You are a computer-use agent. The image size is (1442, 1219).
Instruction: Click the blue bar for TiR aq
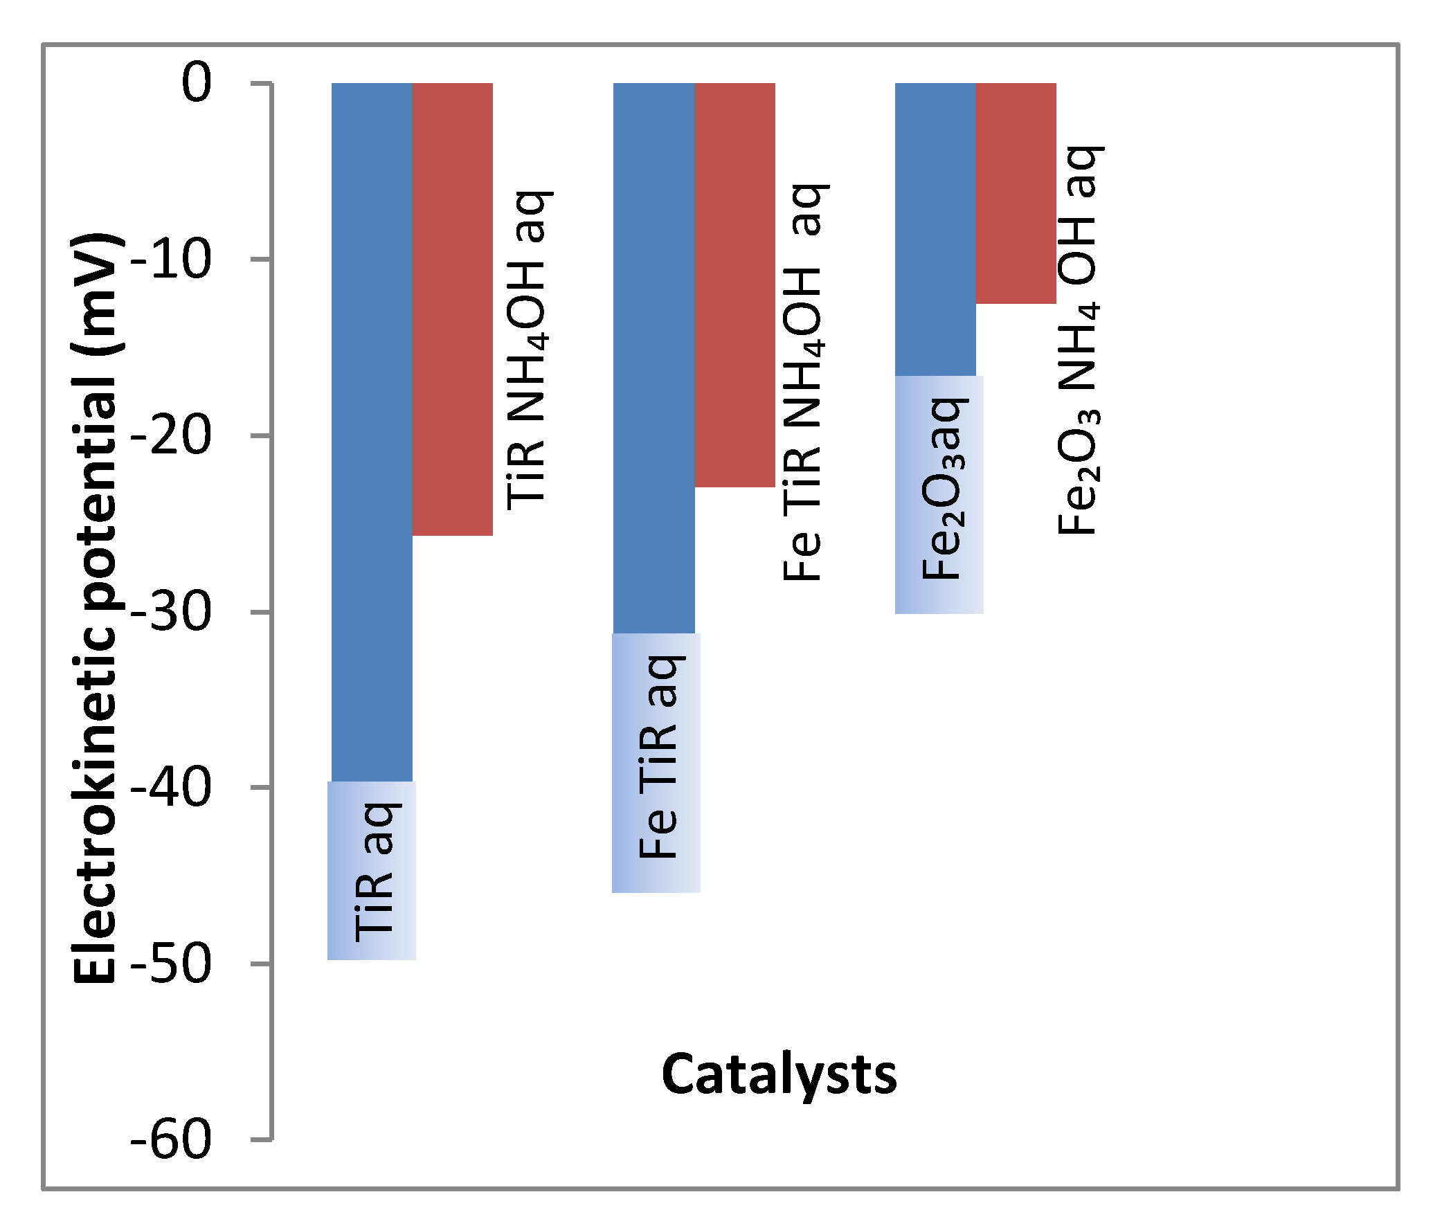coord(372,429)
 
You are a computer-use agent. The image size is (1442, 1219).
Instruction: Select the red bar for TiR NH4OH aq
coord(452,308)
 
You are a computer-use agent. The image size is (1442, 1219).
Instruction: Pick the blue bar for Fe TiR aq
coord(654,356)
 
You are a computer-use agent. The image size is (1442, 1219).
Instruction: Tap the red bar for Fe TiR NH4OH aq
coord(734,284)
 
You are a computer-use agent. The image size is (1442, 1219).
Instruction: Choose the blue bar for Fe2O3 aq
coord(935,228)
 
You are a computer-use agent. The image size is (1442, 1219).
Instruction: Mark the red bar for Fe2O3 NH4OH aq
coord(1016,192)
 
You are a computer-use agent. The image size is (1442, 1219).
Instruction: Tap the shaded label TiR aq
coord(372,871)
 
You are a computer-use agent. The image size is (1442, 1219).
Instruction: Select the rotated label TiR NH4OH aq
coord(527,350)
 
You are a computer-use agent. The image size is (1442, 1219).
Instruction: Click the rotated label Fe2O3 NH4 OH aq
coord(1078,341)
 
